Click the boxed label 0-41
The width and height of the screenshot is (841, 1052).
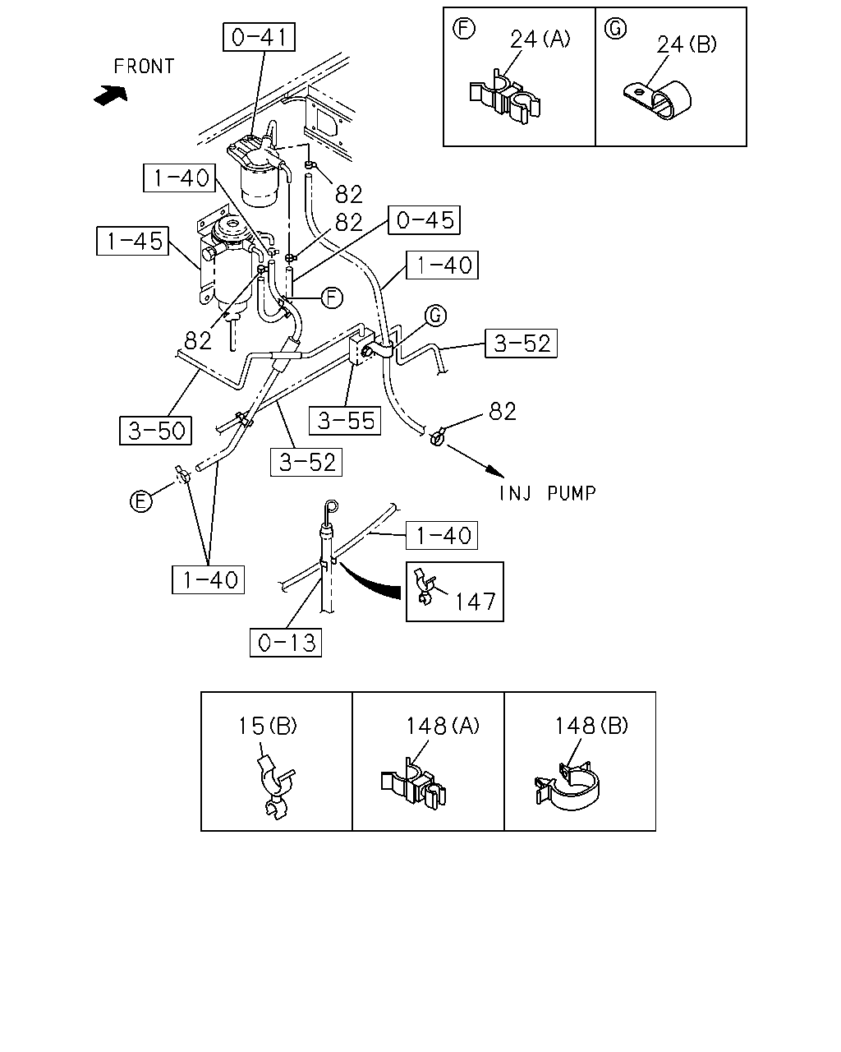[259, 37]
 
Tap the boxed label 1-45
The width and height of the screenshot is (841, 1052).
[132, 241]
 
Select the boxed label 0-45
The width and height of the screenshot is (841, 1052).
[424, 220]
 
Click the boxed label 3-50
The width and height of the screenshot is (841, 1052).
[155, 430]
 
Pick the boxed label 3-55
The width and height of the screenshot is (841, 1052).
[345, 421]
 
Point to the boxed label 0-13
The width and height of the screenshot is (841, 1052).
[286, 643]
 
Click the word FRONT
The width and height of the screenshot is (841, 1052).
[144, 67]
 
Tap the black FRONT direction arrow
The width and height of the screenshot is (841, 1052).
[111, 95]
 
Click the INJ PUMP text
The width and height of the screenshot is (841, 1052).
[548, 493]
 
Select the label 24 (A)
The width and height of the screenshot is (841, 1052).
[540, 39]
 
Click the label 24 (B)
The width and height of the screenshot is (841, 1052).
[687, 44]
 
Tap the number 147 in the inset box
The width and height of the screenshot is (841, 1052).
[476, 602]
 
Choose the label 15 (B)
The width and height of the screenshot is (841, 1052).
[267, 726]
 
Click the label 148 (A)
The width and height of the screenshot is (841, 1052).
[443, 726]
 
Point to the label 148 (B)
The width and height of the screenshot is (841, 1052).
[591, 726]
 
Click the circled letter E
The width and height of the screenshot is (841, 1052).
[140, 501]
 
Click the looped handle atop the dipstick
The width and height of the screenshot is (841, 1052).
[331, 506]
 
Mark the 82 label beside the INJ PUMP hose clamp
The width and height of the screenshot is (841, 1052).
[503, 411]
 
